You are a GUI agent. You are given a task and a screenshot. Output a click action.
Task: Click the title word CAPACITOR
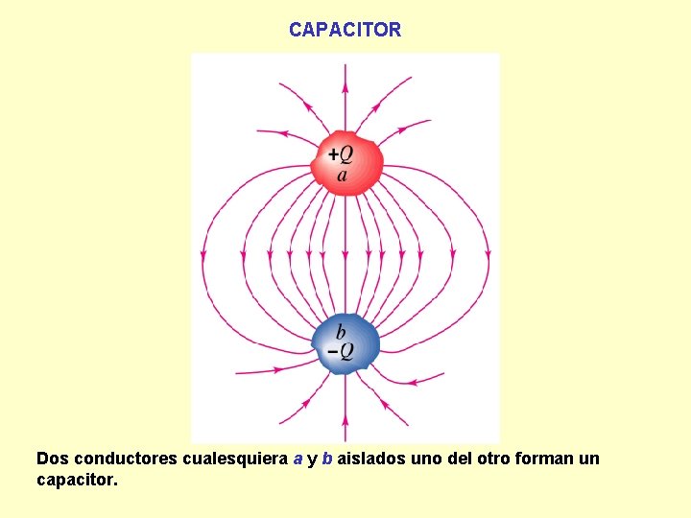345,30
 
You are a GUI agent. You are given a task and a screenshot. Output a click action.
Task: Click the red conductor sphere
346,164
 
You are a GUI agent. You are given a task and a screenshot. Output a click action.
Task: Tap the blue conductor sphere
345,342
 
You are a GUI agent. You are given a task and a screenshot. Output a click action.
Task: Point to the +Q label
340,153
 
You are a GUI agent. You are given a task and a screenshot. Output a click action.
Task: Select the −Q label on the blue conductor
341,352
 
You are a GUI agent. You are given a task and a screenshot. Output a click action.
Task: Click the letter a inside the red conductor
343,175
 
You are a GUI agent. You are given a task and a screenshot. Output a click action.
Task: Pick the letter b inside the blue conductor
341,332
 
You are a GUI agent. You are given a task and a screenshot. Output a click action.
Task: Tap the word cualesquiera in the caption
235,459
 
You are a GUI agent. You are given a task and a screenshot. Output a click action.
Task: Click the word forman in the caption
546,459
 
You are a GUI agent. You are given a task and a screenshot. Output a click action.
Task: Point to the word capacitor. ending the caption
77,479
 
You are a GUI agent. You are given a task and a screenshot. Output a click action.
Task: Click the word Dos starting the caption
52,459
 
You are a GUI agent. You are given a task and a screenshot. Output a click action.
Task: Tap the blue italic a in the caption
298,459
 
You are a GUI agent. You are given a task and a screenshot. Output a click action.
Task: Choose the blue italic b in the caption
327,459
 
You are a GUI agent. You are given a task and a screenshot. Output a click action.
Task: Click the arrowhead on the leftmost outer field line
203,254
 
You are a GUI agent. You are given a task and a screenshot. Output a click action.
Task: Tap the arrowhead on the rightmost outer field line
488,254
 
